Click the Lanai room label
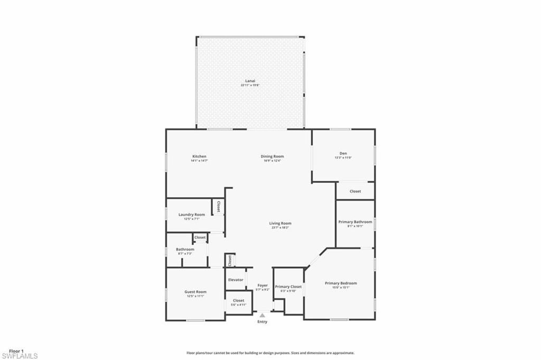pos(250,81)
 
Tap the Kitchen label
pos(199,156)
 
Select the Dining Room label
pos(273,156)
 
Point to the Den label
pos(343,154)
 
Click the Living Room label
pos(281,224)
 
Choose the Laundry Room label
pos(191,215)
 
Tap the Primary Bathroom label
pos(355,222)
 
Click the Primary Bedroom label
pos(341,283)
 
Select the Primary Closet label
pos(288,287)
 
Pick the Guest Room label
pos(195,292)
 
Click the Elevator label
pos(236,280)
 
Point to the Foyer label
pos(263,285)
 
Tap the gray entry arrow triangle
pos(262,315)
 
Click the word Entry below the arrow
pos(263,321)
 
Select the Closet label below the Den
pos(356,191)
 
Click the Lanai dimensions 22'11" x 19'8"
pos(250,85)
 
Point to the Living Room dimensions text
pos(281,228)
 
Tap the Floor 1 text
pos(16,351)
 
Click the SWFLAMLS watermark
pos(20,356)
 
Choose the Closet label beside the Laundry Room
pos(218,207)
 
